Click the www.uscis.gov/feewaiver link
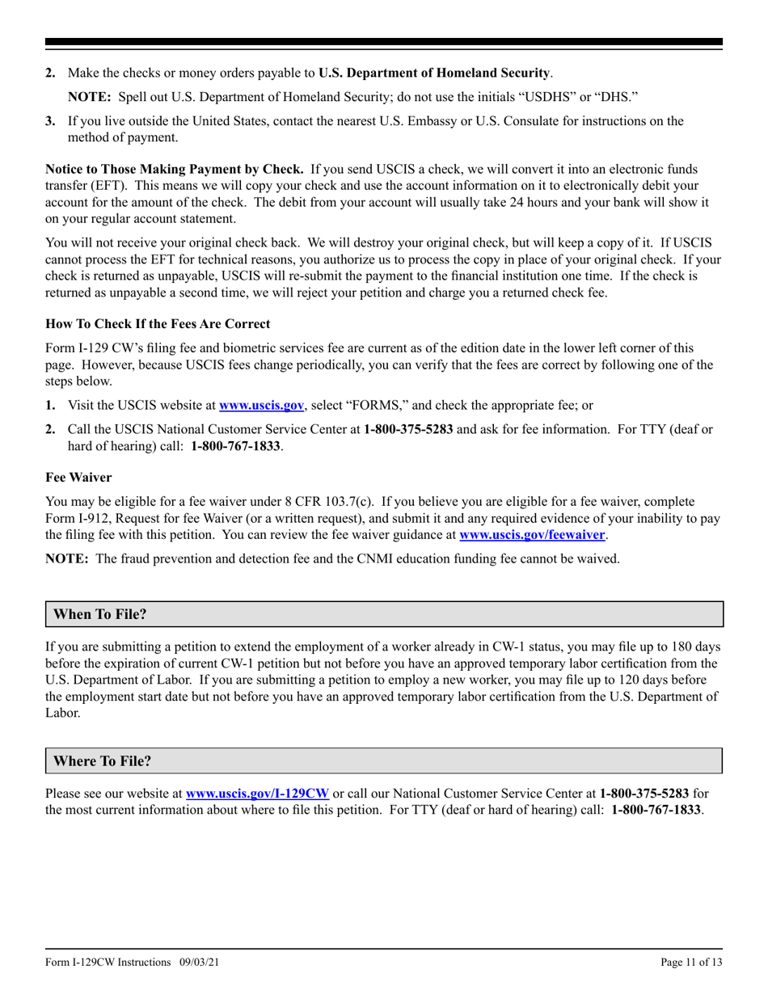531,534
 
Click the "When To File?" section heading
100,614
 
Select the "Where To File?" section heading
102,761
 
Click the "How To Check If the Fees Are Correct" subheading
158,323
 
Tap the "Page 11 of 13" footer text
691,962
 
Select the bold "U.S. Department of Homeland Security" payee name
434,73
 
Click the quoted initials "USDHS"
549,97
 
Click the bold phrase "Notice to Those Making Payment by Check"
174,169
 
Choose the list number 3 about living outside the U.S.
50,121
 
